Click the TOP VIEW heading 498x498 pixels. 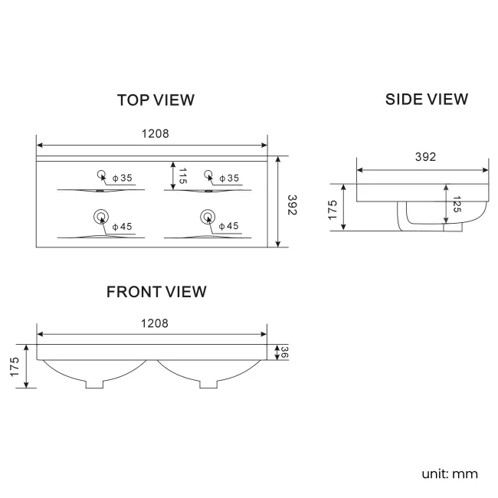pos(156,100)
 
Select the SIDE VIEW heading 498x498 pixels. pos(426,99)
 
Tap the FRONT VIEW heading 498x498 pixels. pos(156,292)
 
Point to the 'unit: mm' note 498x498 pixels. pos(449,473)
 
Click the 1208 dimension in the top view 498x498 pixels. pos(155,133)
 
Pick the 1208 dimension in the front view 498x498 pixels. pos(155,323)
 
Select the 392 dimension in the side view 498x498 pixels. pos(425,157)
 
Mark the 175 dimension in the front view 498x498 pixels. pos(15,365)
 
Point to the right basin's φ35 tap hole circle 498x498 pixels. pos(208,173)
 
